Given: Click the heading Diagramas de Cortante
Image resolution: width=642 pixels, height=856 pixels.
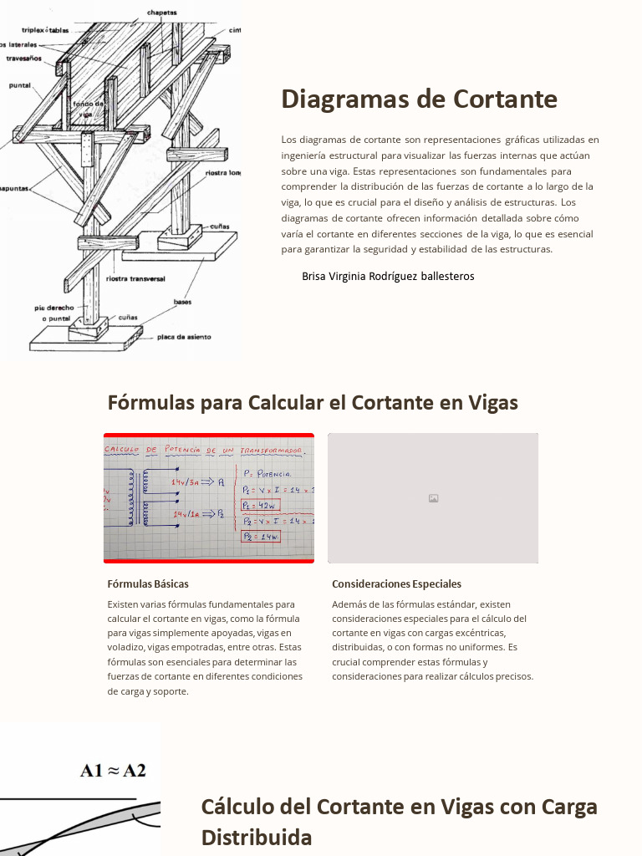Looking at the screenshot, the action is coord(419,99).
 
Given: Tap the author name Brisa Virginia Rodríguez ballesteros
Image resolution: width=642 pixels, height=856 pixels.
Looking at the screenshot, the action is coord(388,276).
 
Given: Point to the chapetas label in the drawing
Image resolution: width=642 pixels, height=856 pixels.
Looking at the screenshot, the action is coord(161,13).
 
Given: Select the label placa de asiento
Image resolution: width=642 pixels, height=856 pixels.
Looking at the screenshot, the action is coord(184,338).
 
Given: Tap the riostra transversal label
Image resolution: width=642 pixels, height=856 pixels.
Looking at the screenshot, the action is coord(137,278).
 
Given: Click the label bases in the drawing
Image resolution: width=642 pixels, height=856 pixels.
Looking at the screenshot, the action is coord(182,302).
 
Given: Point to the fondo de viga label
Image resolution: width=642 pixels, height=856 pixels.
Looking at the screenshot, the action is coord(88,108).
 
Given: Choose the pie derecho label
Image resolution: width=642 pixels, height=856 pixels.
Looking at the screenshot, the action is coord(53,308).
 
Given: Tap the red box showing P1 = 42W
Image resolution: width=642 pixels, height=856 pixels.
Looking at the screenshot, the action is coord(260,506).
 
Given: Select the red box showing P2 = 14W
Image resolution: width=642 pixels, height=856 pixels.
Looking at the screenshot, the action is coord(260,536).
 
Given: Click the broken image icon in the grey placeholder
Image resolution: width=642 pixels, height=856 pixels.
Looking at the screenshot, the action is coord(433,498).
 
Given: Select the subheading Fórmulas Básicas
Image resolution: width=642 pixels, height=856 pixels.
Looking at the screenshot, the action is coord(148,584).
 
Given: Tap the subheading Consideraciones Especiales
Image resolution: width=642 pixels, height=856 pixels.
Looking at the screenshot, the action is coord(396,584).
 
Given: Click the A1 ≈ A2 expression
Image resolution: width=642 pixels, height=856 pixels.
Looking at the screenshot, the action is coord(113,770).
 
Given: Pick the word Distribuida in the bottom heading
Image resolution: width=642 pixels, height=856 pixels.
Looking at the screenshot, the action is coord(256,837).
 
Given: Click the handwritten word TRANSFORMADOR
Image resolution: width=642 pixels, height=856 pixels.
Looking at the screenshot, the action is coord(270,451).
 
